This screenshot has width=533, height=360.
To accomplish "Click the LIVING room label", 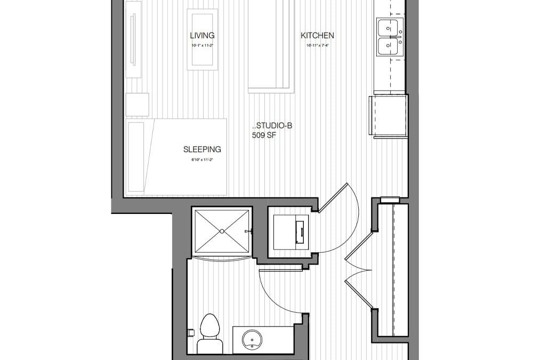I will click(202, 36).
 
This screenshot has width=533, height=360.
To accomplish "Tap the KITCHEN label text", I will click(317, 36).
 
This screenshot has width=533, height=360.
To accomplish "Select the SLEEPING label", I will click(202, 150).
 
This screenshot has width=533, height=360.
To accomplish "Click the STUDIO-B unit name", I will click(272, 126).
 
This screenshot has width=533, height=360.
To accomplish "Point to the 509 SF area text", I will click(264, 135).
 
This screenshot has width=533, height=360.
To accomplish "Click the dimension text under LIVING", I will click(202, 45).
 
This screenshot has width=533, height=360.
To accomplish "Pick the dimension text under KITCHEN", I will click(317, 45).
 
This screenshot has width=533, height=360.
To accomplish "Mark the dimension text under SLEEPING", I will click(202, 159).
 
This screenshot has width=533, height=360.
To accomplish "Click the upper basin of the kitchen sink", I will click(390, 27).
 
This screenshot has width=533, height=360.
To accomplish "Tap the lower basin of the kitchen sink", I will click(390, 46).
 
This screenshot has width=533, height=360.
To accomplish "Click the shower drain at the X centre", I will click(221, 231).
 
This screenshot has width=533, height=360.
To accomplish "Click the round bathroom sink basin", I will click(251, 339).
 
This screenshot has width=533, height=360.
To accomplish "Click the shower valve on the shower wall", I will click(248, 231).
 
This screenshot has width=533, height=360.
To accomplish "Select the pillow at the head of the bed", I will click(136, 156).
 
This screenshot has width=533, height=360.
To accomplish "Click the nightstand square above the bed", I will click(137, 105).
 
